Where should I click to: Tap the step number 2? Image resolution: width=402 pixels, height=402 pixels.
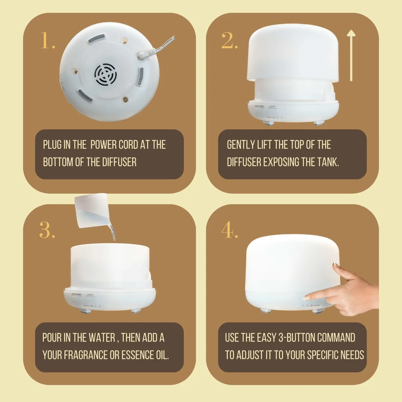click(229, 41)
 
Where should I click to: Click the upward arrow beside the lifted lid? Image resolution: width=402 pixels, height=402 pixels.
click(351, 55)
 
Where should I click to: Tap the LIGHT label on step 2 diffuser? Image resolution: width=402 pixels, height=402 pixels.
click(272, 106)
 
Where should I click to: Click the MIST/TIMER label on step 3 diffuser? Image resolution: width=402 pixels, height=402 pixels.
click(77, 294)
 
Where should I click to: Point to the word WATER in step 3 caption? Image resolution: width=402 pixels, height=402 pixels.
click(102, 338)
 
